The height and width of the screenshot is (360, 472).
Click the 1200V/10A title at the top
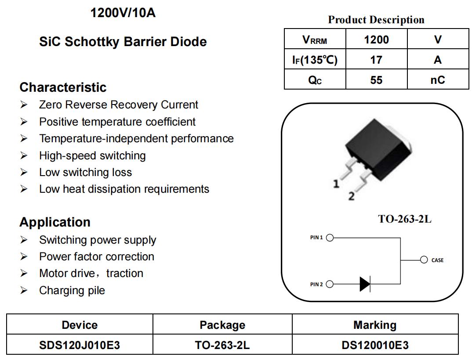123,13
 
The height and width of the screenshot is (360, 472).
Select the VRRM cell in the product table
315,39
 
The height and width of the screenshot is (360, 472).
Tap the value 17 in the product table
376,60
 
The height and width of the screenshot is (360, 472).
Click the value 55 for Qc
376,80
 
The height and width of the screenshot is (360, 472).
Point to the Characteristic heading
63,87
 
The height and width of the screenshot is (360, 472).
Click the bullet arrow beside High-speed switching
24,155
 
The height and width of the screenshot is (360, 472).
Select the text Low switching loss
86,173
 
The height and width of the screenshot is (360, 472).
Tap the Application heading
55,222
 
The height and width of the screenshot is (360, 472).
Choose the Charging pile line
72,290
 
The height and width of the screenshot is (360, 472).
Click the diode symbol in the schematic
365,284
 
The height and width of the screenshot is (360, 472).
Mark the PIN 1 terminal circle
330,238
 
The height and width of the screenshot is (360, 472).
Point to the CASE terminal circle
424,259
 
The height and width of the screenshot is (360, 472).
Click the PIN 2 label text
316,284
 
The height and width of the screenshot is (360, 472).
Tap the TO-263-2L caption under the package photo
405,219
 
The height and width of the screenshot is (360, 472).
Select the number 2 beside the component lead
351,196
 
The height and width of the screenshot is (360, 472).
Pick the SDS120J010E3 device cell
80,345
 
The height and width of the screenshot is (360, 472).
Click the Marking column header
375,325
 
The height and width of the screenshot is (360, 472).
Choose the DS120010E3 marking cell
375,345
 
